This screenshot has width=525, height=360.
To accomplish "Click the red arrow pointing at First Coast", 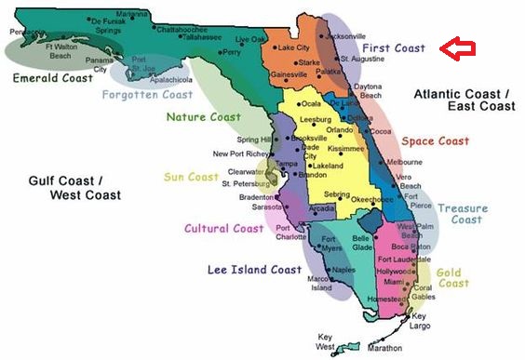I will [457, 48].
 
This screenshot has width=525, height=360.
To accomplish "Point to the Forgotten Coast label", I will [147, 94].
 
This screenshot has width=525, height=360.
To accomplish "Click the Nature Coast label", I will [204, 117].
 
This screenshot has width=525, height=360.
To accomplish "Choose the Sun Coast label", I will [191, 177].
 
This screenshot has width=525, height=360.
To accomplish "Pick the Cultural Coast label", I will [223, 228].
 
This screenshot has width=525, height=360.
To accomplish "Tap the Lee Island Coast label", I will [252, 270].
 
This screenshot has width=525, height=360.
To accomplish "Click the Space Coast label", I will [435, 141].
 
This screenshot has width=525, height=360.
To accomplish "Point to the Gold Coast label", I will [454, 277].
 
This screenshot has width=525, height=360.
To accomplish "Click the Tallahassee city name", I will [201, 37].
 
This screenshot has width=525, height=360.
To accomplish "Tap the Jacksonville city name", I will [346, 35].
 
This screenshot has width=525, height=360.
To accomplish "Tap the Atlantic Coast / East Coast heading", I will [462, 100].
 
